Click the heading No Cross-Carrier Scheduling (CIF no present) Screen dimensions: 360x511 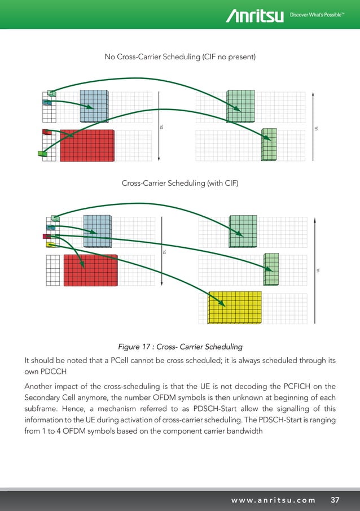click(179, 57)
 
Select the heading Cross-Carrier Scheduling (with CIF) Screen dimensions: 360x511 click(179, 184)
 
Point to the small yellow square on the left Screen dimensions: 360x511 click(50, 245)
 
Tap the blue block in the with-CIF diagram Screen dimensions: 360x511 click(97, 231)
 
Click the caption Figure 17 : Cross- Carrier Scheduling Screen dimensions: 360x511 click(179, 346)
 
